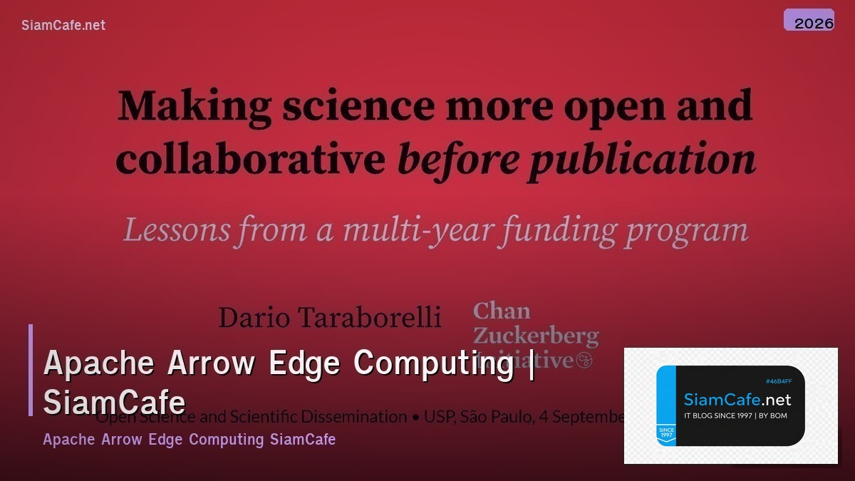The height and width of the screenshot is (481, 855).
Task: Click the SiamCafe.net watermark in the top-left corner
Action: (63, 25)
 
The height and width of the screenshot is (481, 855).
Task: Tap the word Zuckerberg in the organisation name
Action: (536, 336)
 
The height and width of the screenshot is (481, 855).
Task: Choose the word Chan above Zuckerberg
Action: (502, 311)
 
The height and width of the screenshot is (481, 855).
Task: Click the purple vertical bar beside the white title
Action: (31, 370)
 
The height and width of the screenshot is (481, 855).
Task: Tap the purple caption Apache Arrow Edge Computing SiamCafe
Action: (189, 439)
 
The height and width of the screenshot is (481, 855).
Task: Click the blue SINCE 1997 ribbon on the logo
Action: (666, 433)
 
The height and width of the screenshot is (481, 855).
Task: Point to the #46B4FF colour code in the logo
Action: (777, 382)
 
